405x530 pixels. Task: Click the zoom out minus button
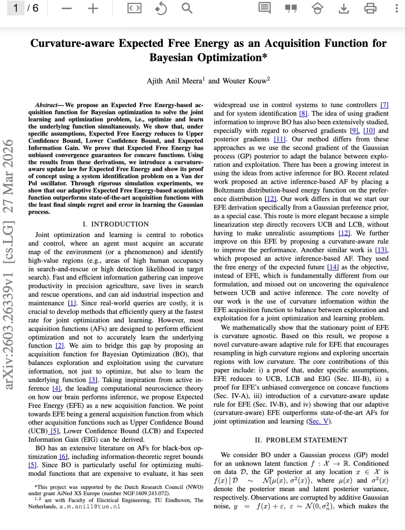click(x=67, y=8)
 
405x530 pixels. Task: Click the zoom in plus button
click(x=93, y=8)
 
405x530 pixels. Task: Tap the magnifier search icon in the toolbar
click(x=187, y=8)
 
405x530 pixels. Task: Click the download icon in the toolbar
click(x=343, y=8)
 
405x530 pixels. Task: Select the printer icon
click(x=370, y=8)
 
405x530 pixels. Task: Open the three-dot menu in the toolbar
click(x=396, y=8)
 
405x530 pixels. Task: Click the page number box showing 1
click(x=16, y=8)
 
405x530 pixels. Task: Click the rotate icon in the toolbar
click(x=161, y=8)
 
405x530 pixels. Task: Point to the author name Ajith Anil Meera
click(x=174, y=81)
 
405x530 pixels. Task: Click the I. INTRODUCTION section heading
click(x=116, y=224)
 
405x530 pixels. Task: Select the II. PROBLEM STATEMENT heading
click(x=301, y=440)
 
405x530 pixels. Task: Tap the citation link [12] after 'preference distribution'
click(x=270, y=199)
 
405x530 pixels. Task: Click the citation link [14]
click(x=333, y=267)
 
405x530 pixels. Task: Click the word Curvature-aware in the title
click(x=72, y=43)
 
